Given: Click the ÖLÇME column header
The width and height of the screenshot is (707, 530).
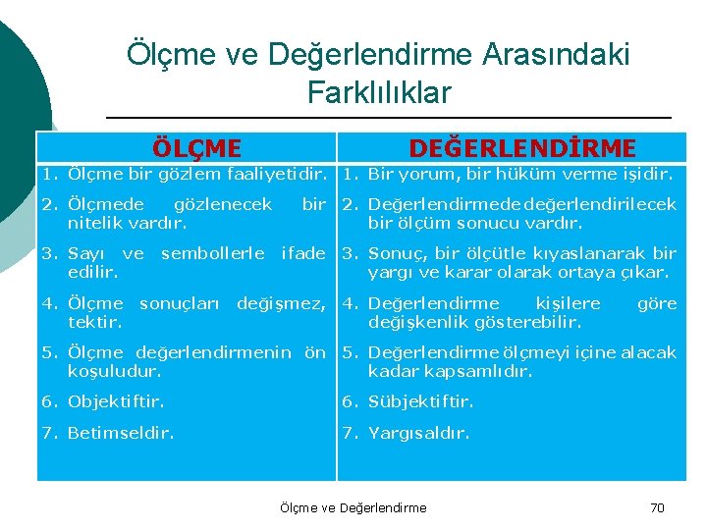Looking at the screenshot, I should (196, 148).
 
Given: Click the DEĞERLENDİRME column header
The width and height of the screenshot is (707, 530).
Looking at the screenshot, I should (521, 148).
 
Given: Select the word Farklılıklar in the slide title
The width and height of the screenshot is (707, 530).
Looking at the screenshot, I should (378, 92).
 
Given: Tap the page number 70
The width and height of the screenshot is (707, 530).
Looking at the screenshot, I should (657, 507).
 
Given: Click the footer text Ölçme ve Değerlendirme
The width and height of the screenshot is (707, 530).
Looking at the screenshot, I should (353, 507).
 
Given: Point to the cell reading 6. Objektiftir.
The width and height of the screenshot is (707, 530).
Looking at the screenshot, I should (102, 401).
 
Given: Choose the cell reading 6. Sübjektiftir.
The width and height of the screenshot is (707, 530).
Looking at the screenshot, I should (408, 401).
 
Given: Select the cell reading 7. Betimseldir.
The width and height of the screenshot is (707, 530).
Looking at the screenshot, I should (107, 432).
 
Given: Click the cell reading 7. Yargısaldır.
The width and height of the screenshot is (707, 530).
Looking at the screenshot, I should (405, 432).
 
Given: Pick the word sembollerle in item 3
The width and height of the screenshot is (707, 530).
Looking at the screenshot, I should (212, 254).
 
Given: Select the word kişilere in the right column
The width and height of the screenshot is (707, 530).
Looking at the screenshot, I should (567, 304).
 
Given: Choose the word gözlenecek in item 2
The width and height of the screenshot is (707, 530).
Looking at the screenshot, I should (222, 205).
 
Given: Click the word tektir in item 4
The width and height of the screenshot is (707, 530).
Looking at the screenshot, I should (94, 322).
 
